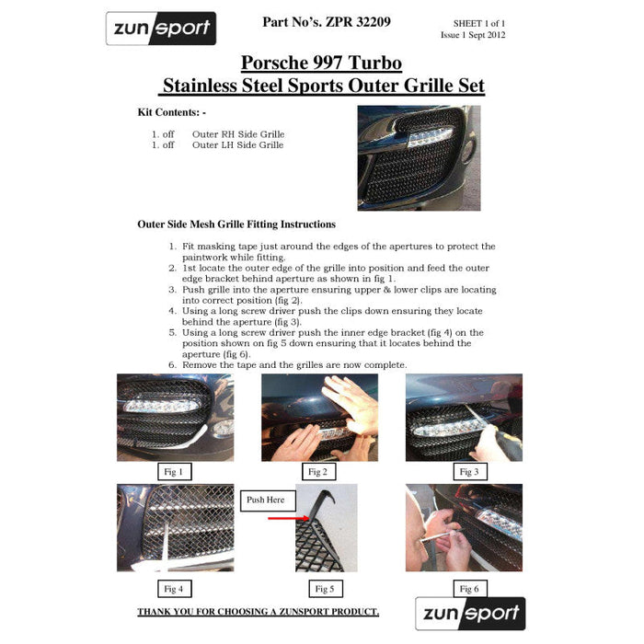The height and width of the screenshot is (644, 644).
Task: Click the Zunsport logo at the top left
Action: click(x=161, y=29)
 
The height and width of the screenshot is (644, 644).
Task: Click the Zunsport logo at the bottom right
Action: click(x=470, y=614)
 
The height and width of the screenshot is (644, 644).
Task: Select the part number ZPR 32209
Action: click(x=358, y=22)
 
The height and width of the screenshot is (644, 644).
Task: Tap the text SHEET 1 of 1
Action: click(x=479, y=23)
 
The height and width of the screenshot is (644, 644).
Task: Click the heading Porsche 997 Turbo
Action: click(x=322, y=63)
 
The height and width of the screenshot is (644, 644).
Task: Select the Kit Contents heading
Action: click(x=172, y=112)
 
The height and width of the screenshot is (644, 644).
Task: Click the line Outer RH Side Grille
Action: click(x=238, y=134)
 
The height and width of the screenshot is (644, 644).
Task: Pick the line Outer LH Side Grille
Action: click(x=237, y=145)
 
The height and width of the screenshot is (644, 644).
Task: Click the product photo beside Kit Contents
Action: click(x=419, y=158)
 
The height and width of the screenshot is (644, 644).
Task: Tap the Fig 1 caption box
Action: click(x=175, y=471)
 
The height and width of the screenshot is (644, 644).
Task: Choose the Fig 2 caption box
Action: click(x=318, y=471)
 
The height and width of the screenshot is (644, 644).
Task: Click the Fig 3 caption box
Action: click(x=470, y=471)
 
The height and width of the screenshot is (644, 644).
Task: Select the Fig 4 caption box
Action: click(x=175, y=589)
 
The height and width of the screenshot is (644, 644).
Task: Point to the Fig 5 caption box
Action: click(x=326, y=589)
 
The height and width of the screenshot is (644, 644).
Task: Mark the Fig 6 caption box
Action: click(x=470, y=589)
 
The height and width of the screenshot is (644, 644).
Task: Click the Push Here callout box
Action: click(x=268, y=500)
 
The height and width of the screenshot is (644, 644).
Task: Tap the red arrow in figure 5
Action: click(x=288, y=518)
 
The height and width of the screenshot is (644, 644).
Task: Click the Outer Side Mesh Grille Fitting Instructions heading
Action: click(x=236, y=224)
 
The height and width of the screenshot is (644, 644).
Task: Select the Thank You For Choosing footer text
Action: click(x=259, y=612)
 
